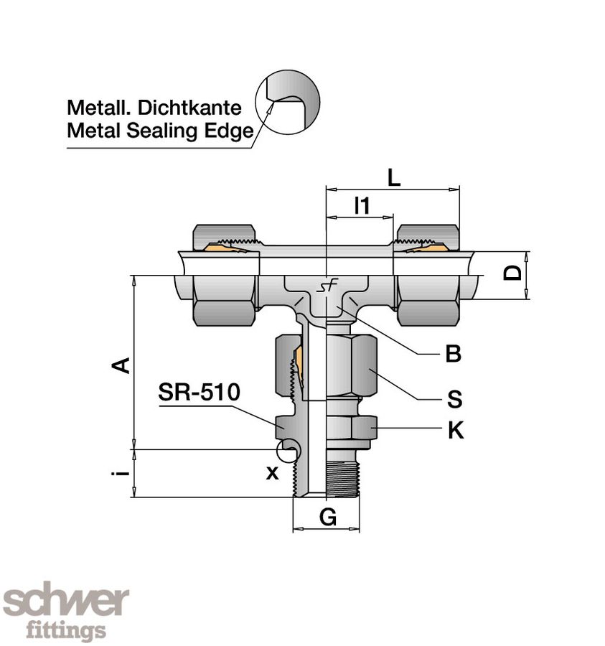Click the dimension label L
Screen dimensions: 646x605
point(393,177)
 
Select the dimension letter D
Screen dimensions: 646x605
point(512,273)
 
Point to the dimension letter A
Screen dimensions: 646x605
point(123,364)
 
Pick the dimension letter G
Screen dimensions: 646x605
point(327,518)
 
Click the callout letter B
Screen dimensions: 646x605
point(453,354)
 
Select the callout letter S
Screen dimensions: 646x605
point(454,399)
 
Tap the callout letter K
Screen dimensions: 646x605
point(455,431)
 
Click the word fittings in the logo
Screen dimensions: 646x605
point(66,631)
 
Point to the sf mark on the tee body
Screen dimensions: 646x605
point(328,287)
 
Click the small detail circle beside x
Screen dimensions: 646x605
point(289,450)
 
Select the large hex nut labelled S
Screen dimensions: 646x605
point(351,364)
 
